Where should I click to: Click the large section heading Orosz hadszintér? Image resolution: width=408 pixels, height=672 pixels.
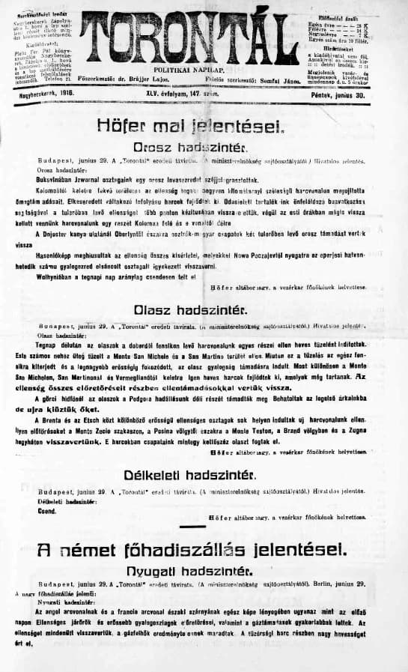pos(196,148)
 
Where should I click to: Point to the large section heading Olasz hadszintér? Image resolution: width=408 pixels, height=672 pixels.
pos(196,308)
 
